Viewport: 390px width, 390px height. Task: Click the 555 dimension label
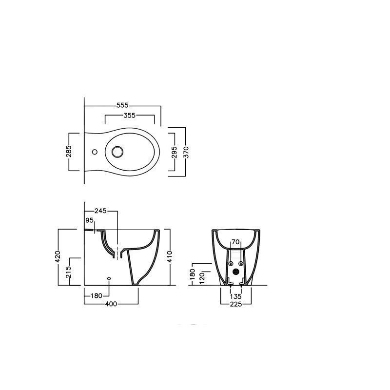click(122, 105)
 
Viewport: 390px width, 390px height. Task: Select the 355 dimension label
click(130, 116)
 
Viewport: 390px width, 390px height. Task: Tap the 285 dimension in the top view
click(69, 152)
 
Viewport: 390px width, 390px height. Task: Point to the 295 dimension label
click(174, 152)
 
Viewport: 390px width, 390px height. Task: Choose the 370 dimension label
click(186, 152)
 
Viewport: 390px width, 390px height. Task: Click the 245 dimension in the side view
click(100, 211)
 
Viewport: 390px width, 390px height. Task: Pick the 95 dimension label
click(89, 220)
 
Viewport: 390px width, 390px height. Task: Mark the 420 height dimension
click(58, 257)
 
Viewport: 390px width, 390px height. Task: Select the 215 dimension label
click(69, 272)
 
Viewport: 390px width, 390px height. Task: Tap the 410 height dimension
click(170, 257)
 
